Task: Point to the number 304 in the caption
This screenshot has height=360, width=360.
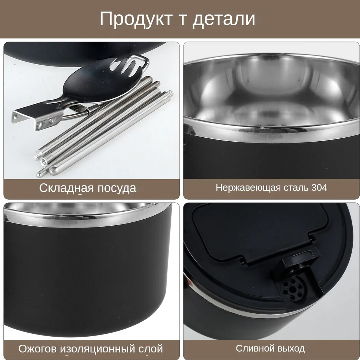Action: pyautogui.click(x=319, y=188)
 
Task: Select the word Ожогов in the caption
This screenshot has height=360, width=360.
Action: pyautogui.click(x=38, y=349)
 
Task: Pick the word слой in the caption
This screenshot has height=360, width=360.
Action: pyautogui.click(x=151, y=349)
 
